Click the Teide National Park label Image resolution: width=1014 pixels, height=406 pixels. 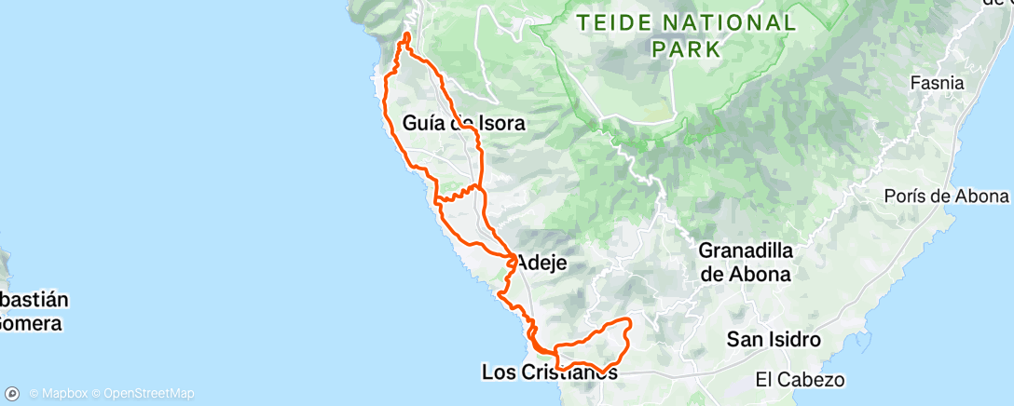(x=685, y=34)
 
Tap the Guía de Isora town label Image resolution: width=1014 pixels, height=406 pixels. (x=464, y=122)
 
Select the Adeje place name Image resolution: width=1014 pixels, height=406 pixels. (x=541, y=263)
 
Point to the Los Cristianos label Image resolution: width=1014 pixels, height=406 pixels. (x=549, y=372)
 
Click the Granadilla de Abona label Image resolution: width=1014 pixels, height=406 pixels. (x=745, y=262)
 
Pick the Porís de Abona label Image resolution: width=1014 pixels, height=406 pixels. (x=947, y=196)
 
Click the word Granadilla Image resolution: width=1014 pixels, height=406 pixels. (x=745, y=250)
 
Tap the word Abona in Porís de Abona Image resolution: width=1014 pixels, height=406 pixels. (x=979, y=196)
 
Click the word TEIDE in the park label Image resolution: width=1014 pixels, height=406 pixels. (x=609, y=22)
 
